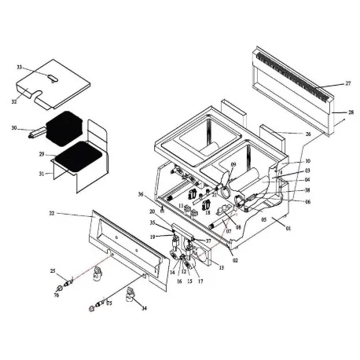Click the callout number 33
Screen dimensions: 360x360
pyautogui.click(x=20, y=68)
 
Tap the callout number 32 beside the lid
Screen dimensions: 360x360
pyautogui.click(x=14, y=101)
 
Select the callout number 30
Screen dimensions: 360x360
pyautogui.click(x=14, y=127)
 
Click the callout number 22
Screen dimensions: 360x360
pyautogui.click(x=51, y=214)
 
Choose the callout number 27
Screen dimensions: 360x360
pyautogui.click(x=347, y=83)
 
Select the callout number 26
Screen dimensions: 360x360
pyautogui.click(x=307, y=134)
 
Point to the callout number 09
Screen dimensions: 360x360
pyautogui.click(x=233, y=163)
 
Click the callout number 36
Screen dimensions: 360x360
pyautogui.click(x=141, y=194)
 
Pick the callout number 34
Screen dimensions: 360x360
pyautogui.click(x=144, y=309)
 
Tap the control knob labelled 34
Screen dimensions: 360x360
pyautogui.click(x=132, y=297)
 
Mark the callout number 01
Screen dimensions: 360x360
pyautogui.click(x=288, y=230)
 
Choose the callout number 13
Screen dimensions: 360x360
pyautogui.click(x=221, y=268)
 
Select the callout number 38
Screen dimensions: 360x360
pyautogui.click(x=307, y=190)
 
